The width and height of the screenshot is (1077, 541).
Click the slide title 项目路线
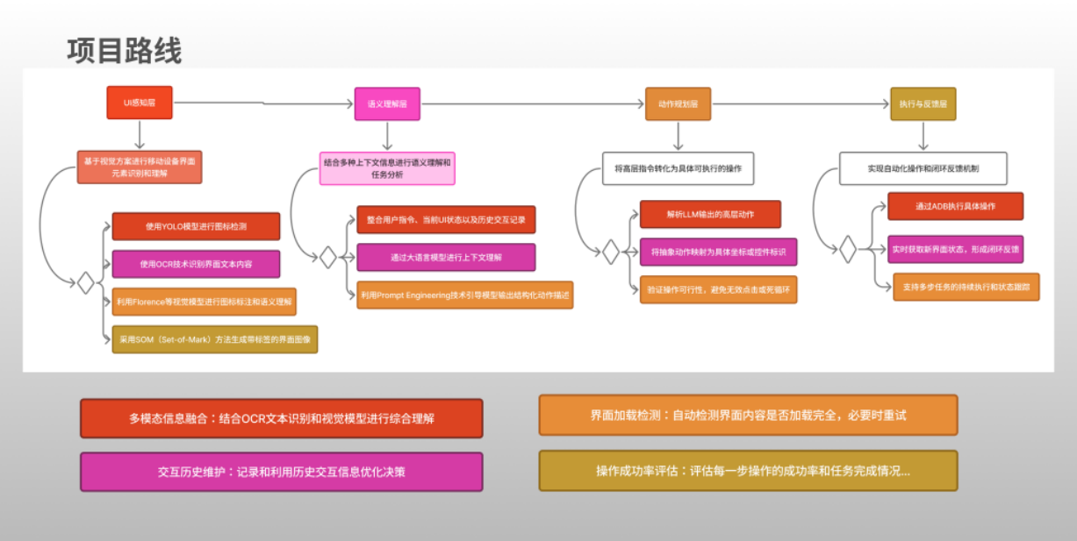tap(125, 51)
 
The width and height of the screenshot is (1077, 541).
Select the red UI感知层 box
tap(139, 103)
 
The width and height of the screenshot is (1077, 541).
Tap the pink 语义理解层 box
tap(387, 103)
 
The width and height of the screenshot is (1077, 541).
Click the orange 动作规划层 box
tap(678, 103)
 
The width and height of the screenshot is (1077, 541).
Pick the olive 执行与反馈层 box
tap(923, 103)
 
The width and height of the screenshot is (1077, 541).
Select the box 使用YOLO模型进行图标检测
tap(196, 226)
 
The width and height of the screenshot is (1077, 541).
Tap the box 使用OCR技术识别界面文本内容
tap(196, 264)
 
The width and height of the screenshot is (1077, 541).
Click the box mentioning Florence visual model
tap(205, 302)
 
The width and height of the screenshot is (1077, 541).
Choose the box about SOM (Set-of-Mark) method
tap(214, 339)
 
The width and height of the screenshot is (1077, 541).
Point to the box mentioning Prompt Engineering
tap(464, 295)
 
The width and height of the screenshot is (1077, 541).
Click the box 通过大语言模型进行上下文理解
tap(446, 258)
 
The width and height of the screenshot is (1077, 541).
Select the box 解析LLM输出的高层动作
tap(710, 214)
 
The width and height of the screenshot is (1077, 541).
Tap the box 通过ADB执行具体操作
tap(955, 206)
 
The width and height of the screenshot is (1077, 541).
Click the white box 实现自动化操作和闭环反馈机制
tap(923, 168)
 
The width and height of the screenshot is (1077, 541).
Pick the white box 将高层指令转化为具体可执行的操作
tap(679, 168)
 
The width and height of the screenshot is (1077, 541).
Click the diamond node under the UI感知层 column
tap(85, 283)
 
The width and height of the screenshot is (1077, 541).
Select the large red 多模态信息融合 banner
tap(281, 418)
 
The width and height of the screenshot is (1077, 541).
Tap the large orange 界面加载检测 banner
tap(748, 415)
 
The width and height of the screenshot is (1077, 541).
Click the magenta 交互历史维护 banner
tap(281, 472)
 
